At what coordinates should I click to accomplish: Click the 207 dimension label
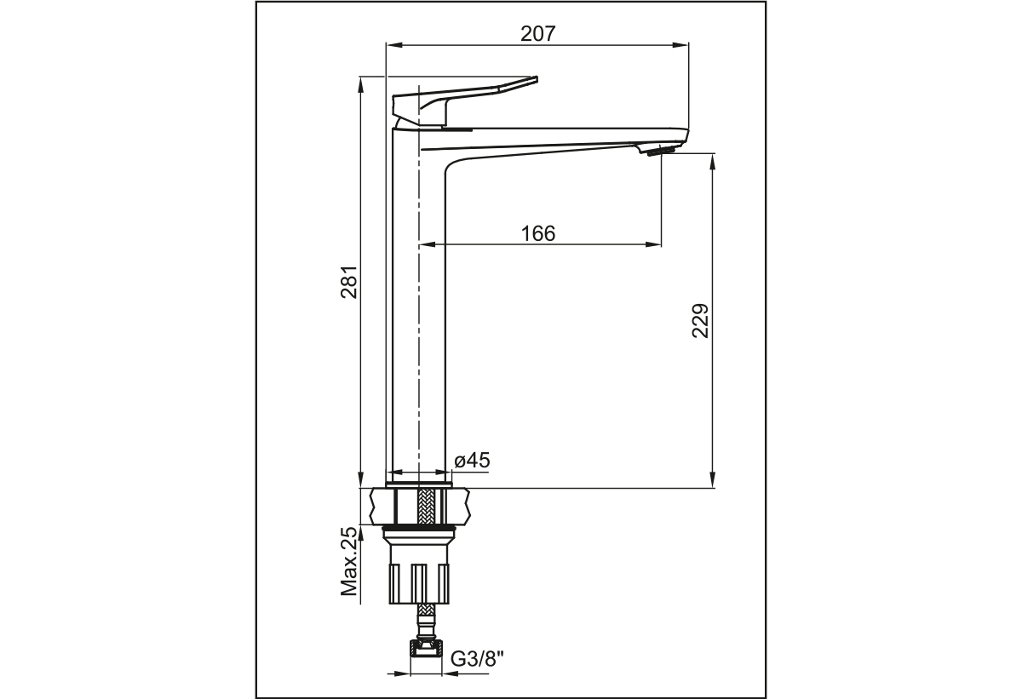[538, 34]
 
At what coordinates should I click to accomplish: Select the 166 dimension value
[538, 233]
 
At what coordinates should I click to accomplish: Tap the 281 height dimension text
[349, 282]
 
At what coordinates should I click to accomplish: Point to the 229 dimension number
[700, 320]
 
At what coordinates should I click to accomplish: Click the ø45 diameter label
[472, 460]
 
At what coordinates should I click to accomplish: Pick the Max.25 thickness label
[349, 561]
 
